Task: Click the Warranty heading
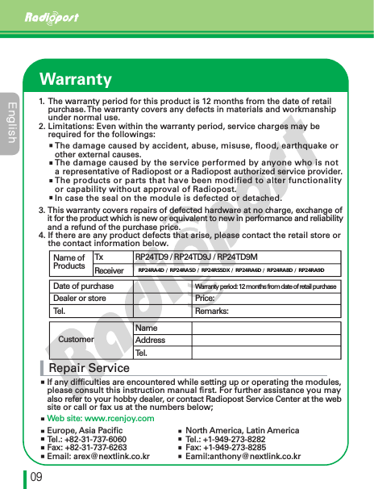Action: coord(76,79)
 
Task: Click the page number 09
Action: coord(36,476)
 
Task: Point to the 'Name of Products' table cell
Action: coord(69,261)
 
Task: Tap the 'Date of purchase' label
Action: coord(83,286)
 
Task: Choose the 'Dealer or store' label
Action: coord(80,299)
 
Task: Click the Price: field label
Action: coord(205,299)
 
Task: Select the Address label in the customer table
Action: coord(151,340)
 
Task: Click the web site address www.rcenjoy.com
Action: coord(100,418)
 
